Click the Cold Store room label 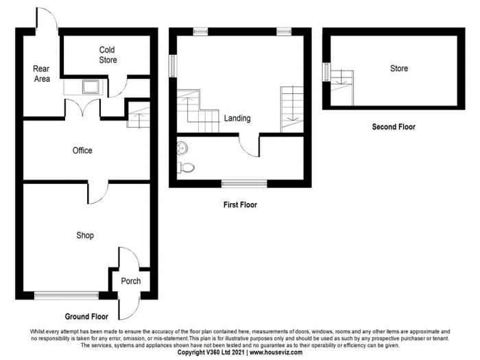(108, 55)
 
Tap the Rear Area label (42, 74)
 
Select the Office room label (82, 150)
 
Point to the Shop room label (85, 235)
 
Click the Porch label (131, 281)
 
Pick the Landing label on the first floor (237, 118)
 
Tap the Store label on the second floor (399, 69)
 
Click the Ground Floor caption (86, 317)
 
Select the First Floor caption (240, 205)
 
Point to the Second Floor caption (394, 127)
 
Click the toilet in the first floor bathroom (186, 168)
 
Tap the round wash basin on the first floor (182, 148)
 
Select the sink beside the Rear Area (91, 86)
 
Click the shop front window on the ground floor (67, 296)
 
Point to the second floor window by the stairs (326, 72)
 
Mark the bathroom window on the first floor (244, 184)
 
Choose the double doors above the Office (83, 108)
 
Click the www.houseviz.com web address (276, 352)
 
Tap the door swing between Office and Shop (98, 193)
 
